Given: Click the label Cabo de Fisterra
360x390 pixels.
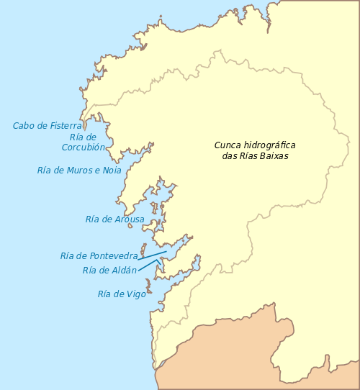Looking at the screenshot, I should click(x=47, y=126).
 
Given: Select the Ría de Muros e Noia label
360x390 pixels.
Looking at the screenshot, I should click(x=79, y=171).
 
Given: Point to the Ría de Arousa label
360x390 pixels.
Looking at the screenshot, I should click(x=114, y=219).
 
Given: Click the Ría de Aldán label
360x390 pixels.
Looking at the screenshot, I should click(x=109, y=271).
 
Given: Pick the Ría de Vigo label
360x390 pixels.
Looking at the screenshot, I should click(x=122, y=294).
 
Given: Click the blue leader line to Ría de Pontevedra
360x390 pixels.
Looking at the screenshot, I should click(x=153, y=253).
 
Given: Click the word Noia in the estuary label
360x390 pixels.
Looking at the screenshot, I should click(x=112, y=171).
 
